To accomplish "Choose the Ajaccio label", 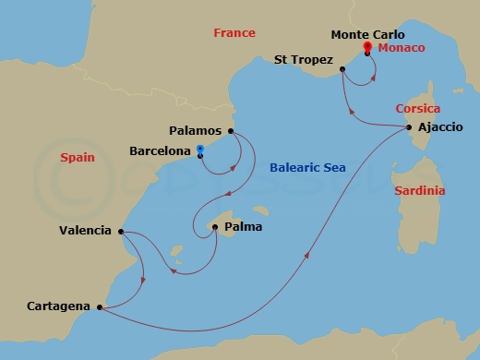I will click(x=440, y=126).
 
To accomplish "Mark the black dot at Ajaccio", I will click(x=409, y=127).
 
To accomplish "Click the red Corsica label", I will click(x=417, y=108).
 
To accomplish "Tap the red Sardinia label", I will click(x=419, y=191).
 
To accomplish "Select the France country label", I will click(x=234, y=33).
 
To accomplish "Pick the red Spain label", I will click(x=77, y=158).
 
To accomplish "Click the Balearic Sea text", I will click(x=307, y=168).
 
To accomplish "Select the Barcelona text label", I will click(x=160, y=150).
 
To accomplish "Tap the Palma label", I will click(x=243, y=225).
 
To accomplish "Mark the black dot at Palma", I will click(x=214, y=226).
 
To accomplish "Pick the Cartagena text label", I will click(x=60, y=305).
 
